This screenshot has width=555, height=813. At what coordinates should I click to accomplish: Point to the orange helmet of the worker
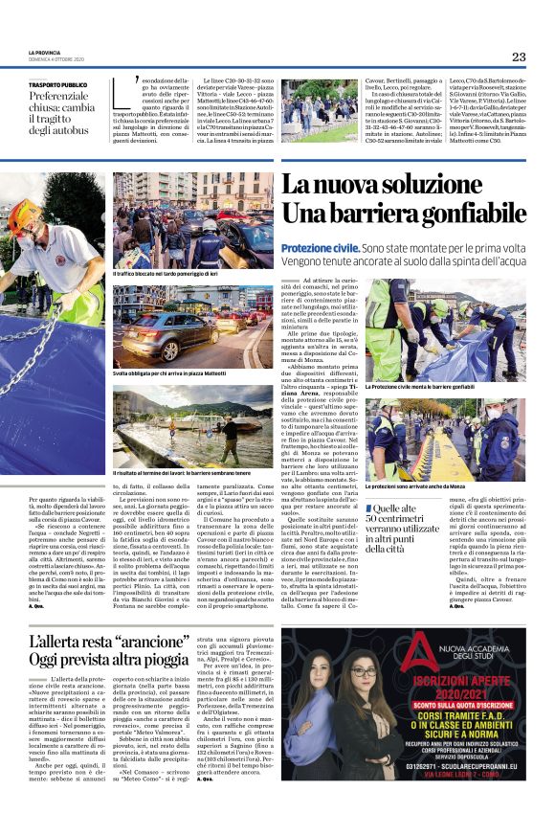coord(21,215)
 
